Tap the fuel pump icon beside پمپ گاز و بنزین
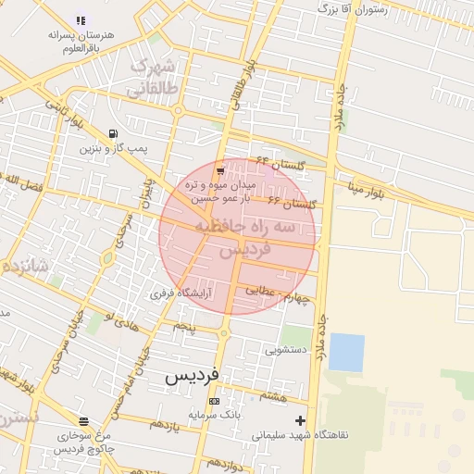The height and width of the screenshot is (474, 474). pos(113,133)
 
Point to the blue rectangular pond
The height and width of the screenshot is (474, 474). pos(346,352)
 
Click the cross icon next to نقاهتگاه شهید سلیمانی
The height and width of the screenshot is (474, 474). pos(300,420)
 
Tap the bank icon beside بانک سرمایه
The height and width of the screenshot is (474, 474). pos(215,402)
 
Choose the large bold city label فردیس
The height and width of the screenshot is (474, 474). pos(193,377)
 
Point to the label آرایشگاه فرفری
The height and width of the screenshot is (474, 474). pos(181,293)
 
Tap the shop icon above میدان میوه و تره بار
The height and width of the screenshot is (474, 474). pos(219,171)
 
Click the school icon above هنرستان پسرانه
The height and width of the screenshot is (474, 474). pos(81,19)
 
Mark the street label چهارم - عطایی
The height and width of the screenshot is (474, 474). pos(274,293)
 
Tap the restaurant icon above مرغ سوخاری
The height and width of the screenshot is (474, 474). pos(84,421)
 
